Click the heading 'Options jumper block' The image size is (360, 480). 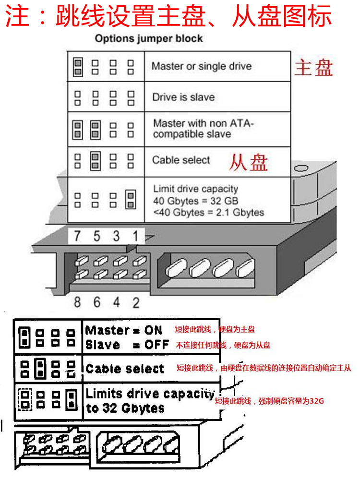[148, 38]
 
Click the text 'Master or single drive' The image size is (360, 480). [201, 66]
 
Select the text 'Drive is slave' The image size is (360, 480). [183, 97]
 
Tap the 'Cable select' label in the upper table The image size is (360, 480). [181, 160]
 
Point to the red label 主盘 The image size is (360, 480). [313, 68]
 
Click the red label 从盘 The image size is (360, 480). [248, 162]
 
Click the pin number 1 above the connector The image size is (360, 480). [135, 236]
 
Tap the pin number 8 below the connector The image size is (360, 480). [78, 302]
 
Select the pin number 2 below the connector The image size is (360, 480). [136, 302]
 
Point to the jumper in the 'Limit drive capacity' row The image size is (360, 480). [130, 200]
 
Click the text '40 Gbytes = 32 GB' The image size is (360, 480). [195, 201]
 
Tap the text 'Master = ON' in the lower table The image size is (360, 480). [123, 330]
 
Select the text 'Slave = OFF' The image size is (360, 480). [127, 345]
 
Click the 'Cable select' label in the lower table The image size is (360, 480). [125, 369]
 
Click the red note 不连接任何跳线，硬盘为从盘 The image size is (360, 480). [223, 345]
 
